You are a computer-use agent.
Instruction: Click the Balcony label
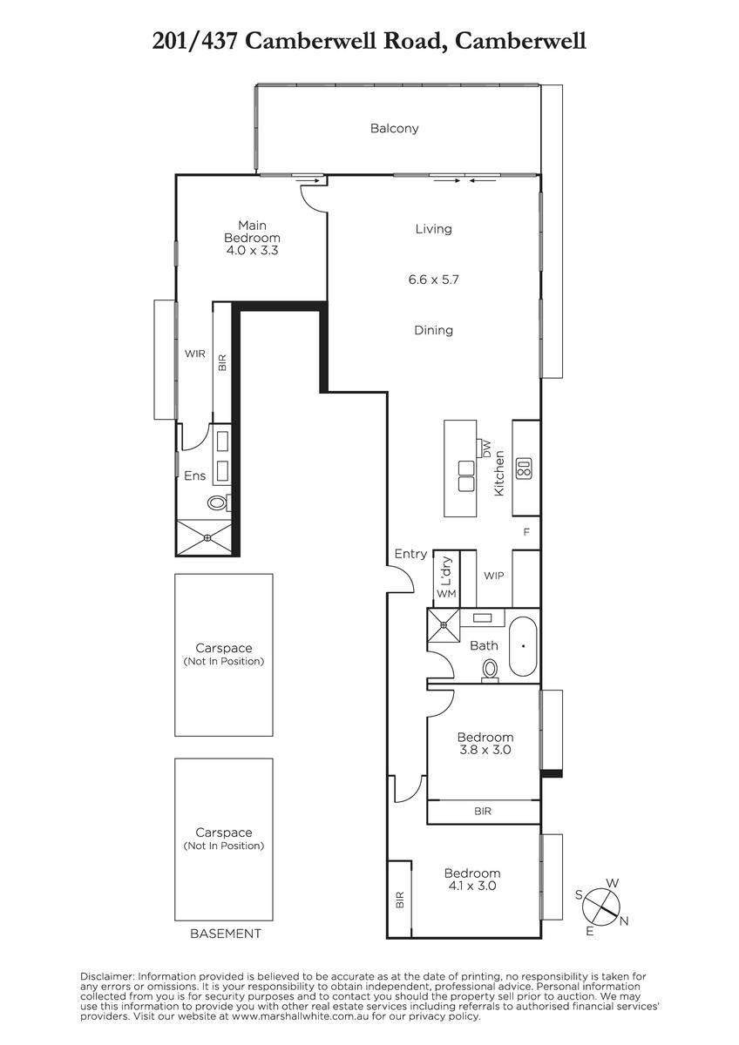(394, 128)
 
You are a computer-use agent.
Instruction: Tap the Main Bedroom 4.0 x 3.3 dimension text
(252, 251)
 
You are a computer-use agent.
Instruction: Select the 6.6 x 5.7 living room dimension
(434, 280)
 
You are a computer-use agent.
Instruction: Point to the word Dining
(434, 330)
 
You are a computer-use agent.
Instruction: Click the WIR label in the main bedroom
(194, 354)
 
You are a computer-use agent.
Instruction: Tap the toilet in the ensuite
(218, 503)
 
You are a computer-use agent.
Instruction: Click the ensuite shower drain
(207, 538)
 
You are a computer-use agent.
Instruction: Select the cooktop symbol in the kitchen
(524, 469)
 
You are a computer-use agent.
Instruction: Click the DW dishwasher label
(486, 448)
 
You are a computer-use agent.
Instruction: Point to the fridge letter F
(526, 532)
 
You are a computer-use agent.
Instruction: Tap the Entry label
(410, 554)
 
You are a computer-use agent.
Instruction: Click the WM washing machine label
(446, 594)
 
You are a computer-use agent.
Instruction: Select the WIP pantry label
(494, 576)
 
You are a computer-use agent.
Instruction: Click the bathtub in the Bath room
(523, 646)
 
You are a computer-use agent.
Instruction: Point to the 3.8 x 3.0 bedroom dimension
(485, 750)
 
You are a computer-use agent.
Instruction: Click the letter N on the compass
(624, 921)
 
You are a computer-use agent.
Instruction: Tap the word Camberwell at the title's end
(520, 42)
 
